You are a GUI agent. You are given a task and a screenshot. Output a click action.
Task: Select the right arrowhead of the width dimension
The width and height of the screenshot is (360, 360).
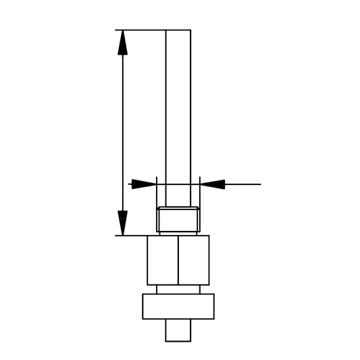(212, 184)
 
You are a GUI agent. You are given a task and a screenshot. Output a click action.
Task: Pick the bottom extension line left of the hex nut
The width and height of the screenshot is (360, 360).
(131, 236)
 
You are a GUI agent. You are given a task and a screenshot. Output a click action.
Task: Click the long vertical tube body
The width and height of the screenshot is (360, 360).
(178, 108)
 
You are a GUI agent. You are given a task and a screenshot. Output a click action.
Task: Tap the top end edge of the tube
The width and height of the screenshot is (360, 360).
(178, 30)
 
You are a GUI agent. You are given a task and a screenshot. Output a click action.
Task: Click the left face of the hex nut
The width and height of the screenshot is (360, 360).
(163, 260)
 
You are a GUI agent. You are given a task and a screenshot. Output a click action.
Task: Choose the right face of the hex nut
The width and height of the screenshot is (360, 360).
(194, 260)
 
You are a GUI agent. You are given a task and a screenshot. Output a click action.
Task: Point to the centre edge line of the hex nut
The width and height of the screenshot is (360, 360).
(178, 260)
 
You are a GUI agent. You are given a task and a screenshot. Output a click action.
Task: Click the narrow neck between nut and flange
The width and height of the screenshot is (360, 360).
(178, 290)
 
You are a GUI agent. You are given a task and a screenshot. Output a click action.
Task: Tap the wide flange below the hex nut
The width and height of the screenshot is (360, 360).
(178, 307)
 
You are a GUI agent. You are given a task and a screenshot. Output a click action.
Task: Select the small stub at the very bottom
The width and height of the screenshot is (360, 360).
(178, 331)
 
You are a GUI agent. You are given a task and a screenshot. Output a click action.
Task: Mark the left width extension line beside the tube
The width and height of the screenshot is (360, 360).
(156, 192)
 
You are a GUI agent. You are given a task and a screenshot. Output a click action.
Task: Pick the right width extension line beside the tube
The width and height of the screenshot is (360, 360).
(200, 192)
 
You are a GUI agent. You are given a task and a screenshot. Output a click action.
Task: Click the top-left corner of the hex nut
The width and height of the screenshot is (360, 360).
(147, 236)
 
